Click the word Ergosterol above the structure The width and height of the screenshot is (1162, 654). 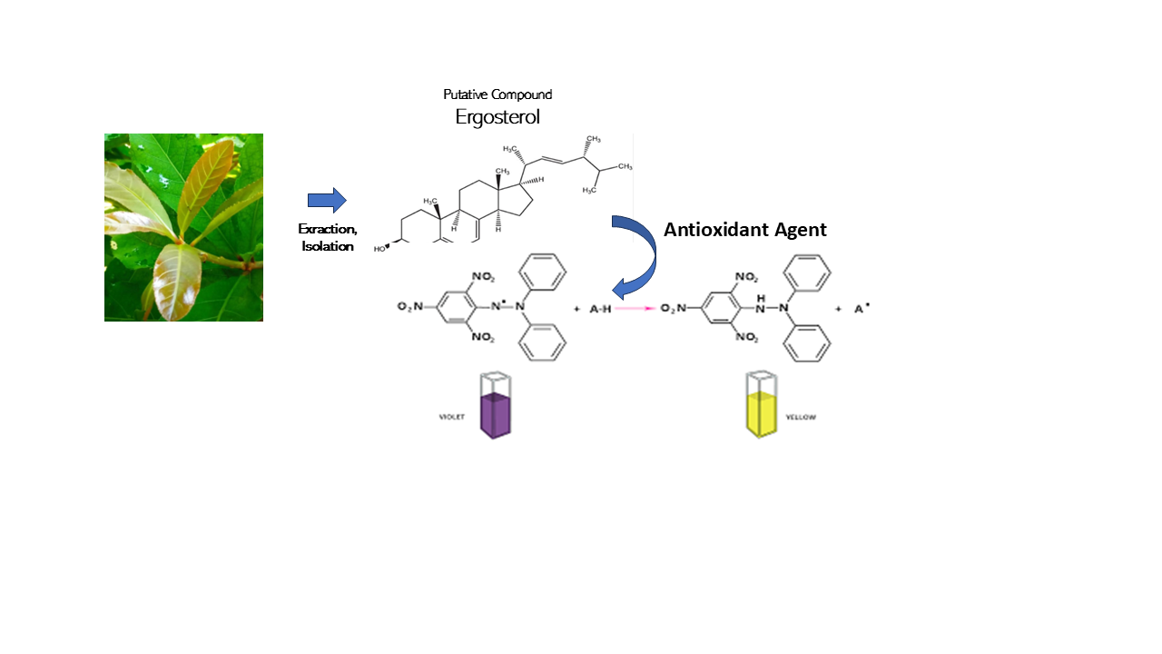[x=497, y=116]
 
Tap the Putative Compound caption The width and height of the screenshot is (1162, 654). [x=497, y=94]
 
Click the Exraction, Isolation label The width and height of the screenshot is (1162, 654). [x=328, y=237]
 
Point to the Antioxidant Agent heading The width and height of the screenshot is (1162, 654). [x=744, y=230]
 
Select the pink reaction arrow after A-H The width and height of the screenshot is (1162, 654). [x=635, y=309]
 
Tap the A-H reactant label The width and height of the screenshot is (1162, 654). [x=599, y=309]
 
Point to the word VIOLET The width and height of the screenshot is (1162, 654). [x=451, y=417]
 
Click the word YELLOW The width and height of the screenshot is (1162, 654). [x=802, y=417]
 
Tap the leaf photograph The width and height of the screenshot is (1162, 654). [x=183, y=227]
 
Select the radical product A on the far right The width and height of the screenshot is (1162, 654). [x=859, y=309]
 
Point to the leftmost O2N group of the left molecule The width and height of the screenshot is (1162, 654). [x=410, y=307]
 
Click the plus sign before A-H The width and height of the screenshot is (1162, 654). [x=576, y=309]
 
